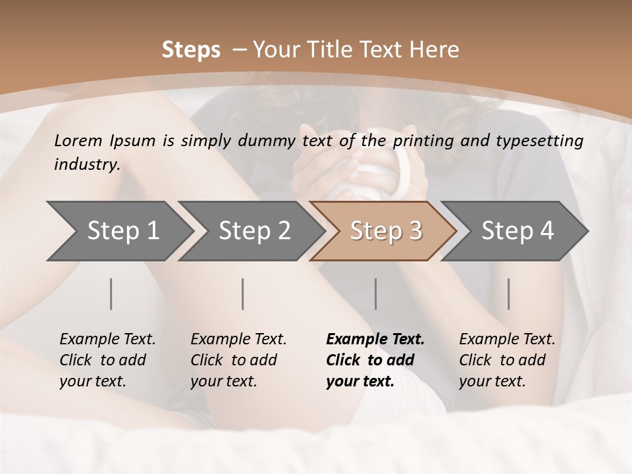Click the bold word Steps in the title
191,50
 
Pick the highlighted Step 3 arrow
384,231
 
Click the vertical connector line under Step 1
111,294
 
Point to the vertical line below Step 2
243,294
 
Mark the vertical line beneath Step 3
375,294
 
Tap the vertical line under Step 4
508,294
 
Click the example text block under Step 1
107,360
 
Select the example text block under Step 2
238,360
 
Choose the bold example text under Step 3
375,360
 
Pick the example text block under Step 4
507,360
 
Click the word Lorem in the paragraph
78,140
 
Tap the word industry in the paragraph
87,165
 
